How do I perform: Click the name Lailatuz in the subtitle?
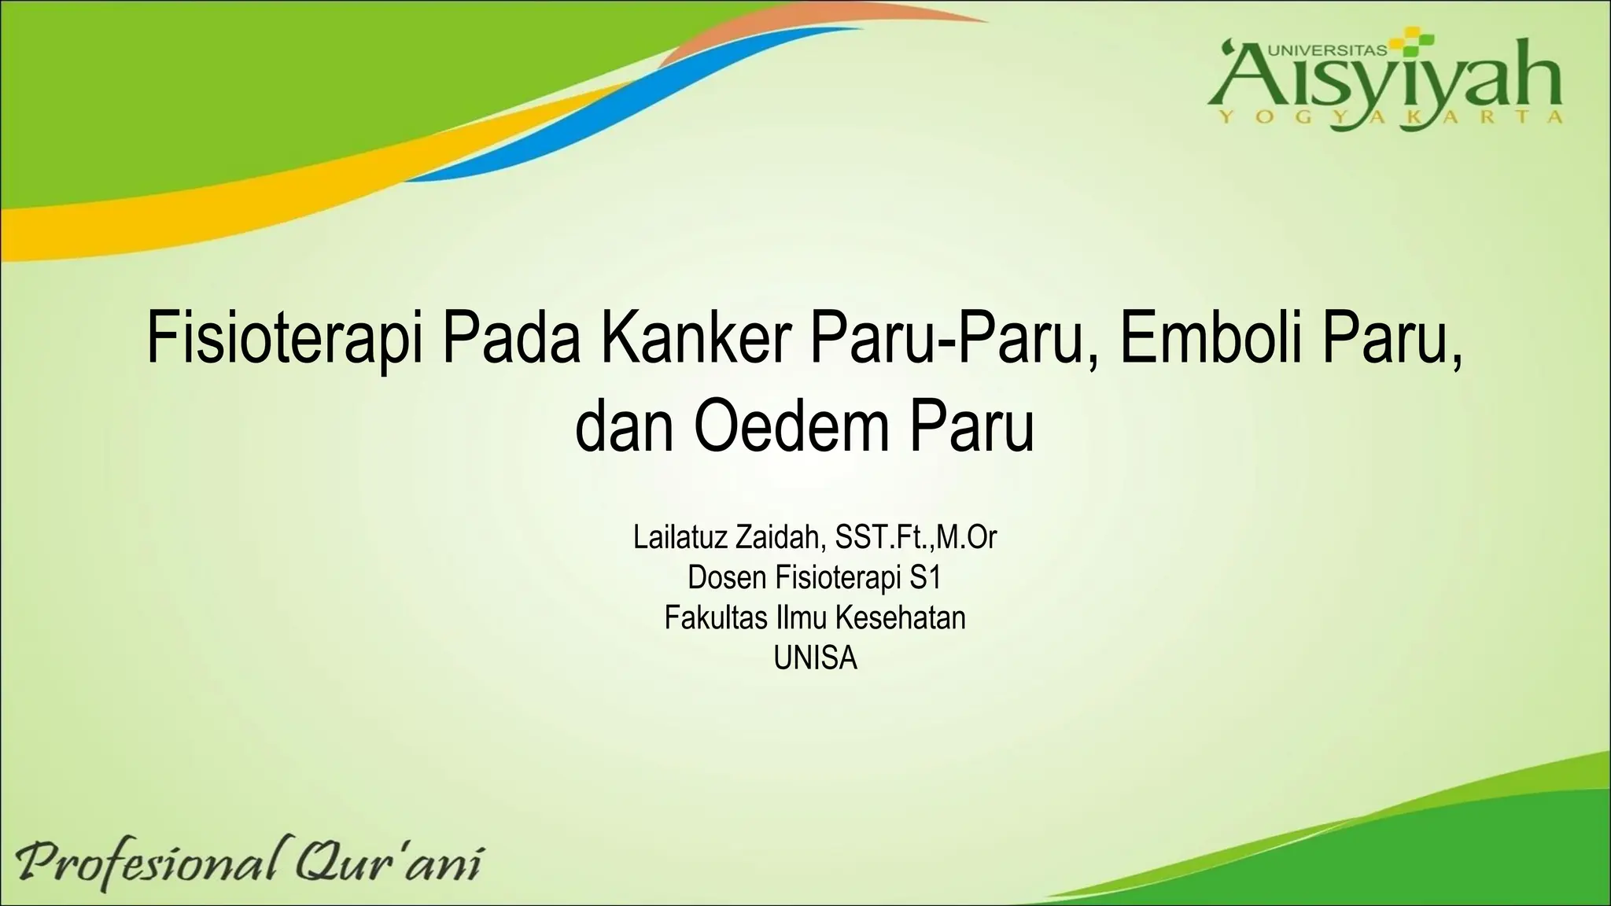point(680,538)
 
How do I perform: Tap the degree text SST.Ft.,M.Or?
point(916,538)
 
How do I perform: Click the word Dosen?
point(727,578)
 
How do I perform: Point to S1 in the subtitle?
point(925,578)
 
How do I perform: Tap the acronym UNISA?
point(815,657)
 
